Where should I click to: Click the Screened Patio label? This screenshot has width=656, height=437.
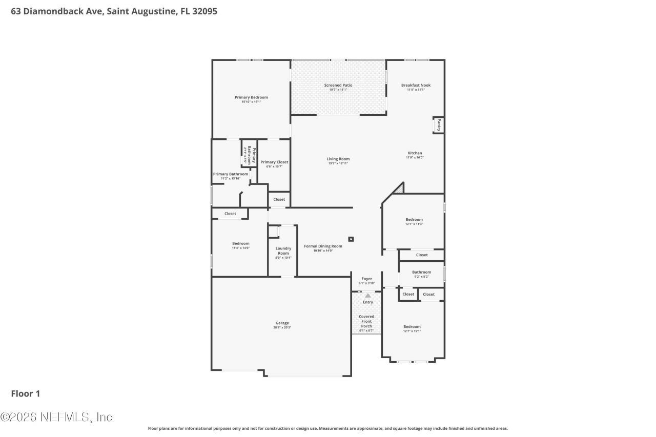tap(338, 85)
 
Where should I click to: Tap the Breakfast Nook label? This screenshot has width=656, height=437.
tap(416, 85)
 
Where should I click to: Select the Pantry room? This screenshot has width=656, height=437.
tap(439, 125)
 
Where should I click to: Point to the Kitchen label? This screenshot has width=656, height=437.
tap(415, 153)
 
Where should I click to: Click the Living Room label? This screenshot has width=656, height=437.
tap(338, 159)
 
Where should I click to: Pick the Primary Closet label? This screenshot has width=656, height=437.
tap(274, 162)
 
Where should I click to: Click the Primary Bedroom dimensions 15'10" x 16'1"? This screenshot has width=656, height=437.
tap(251, 102)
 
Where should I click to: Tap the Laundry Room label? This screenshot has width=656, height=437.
tap(283, 251)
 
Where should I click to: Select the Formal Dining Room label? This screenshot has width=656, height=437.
tap(323, 246)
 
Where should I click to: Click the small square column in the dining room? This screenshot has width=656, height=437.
tap(351, 239)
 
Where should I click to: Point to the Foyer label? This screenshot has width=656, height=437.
tap(366, 279)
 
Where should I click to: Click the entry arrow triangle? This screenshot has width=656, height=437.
tap(367, 296)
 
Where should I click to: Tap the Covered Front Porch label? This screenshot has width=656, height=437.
tap(366, 321)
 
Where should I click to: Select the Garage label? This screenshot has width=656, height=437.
tap(282, 323)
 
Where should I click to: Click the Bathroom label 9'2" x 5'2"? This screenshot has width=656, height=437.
tap(421, 272)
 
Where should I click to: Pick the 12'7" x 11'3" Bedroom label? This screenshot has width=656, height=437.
tap(414, 219)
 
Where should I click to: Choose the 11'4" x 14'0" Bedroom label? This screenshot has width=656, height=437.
tap(240, 243)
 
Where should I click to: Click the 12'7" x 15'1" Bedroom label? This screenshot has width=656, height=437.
tap(412, 326)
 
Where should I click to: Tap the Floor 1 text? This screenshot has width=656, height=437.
tap(26, 393)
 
